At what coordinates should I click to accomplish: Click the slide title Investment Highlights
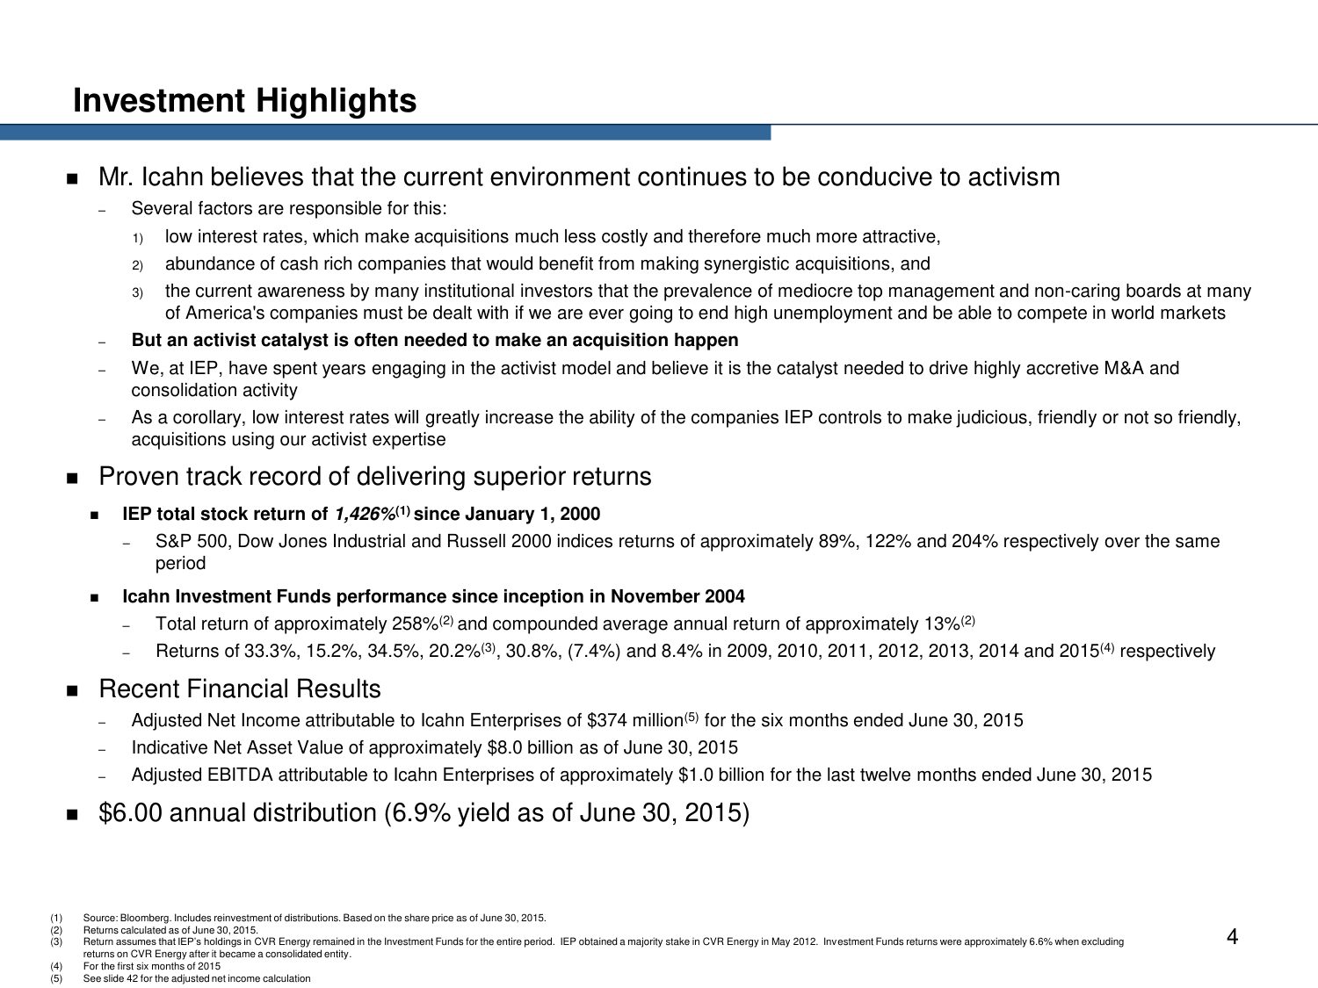coord(244,101)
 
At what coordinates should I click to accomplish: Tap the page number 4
coord(1232,938)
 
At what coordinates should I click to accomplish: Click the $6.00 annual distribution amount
coord(131,813)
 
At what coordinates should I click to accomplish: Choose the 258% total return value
coord(415,624)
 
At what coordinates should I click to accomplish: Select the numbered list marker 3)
coord(137,292)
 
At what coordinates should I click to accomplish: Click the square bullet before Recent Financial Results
coord(72,691)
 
